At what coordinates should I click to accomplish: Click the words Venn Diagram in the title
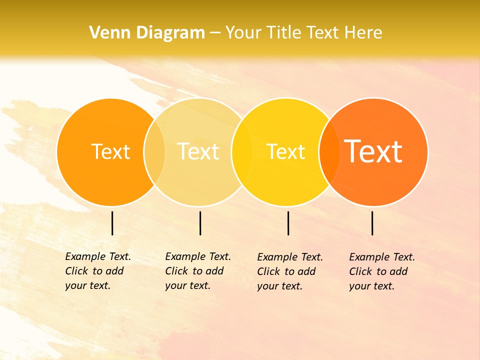coord(147,33)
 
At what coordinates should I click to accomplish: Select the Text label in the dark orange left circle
coord(110,151)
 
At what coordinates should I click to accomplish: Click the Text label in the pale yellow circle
coord(198,151)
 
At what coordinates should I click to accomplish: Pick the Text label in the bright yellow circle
coord(285,151)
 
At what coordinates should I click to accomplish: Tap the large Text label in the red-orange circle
coord(373,151)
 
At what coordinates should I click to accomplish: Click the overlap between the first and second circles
coord(154,151)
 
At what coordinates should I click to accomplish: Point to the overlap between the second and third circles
coord(242,151)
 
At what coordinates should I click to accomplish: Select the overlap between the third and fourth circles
coord(329,151)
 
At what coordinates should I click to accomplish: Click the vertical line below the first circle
coord(112,223)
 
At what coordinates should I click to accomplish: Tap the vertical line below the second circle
coord(200,223)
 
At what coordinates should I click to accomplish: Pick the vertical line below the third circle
coord(288,223)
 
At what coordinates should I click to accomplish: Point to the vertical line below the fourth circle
coord(372,223)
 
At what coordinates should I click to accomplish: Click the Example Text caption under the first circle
coord(98,271)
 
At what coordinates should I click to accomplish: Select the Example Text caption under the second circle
coord(198,271)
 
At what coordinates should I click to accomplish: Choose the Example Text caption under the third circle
coord(290,271)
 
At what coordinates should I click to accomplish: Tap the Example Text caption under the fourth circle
coord(382,271)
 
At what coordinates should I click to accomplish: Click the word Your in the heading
coord(243,33)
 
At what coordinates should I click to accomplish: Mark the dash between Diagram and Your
coord(215,33)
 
